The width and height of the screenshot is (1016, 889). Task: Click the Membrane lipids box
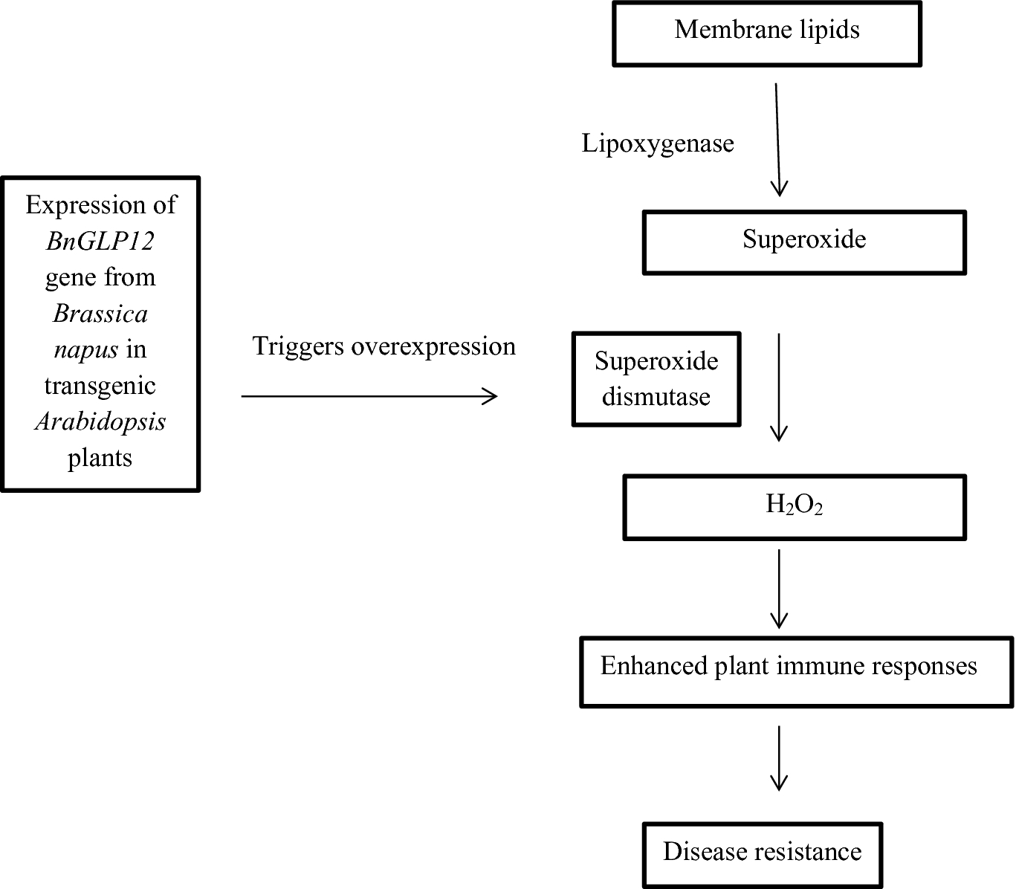767,33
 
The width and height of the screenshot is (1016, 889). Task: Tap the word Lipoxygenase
658,144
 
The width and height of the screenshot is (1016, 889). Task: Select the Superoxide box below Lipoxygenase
804,243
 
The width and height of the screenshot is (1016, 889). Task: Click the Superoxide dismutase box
656,379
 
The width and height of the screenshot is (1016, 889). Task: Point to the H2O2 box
794,507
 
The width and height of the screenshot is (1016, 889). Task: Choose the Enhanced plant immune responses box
796,672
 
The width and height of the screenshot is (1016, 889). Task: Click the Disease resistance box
763,856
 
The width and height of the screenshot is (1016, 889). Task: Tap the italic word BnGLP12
100,242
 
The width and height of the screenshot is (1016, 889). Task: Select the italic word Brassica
100,314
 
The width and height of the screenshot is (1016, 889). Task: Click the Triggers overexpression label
384,346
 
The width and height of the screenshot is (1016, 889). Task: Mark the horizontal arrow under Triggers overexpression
369,396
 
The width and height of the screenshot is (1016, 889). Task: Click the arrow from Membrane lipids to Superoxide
777,140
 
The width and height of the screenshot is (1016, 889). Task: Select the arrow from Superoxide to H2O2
779,387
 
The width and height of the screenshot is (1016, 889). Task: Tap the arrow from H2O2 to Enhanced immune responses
779,589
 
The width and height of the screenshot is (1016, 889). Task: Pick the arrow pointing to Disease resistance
779,758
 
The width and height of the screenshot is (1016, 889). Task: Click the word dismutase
656,397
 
